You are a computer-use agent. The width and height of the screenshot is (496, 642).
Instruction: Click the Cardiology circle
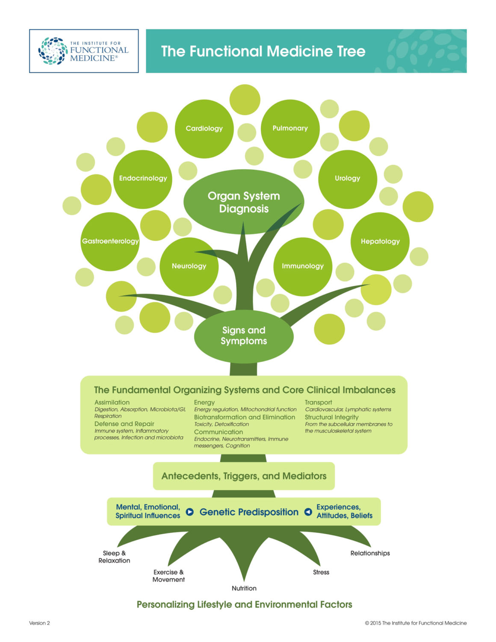pyautogui.click(x=204, y=129)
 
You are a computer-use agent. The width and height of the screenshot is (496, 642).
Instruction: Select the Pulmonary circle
pyautogui.click(x=290, y=129)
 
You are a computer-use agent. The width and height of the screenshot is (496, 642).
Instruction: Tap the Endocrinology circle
pyautogui.click(x=143, y=179)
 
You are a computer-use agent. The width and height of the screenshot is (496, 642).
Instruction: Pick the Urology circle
pyautogui.click(x=347, y=179)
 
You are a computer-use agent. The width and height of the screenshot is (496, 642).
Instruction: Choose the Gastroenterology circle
pyautogui.click(x=110, y=241)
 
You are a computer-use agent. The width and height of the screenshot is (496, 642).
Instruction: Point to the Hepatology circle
pyautogui.click(x=380, y=241)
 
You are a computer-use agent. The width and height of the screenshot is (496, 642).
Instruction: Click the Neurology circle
pyautogui.click(x=189, y=266)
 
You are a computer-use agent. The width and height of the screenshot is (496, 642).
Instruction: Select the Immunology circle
pyautogui.click(x=302, y=266)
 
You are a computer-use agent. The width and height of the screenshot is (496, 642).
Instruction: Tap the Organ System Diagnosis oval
pyautogui.click(x=244, y=202)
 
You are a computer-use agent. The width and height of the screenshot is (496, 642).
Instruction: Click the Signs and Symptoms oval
pyautogui.click(x=244, y=336)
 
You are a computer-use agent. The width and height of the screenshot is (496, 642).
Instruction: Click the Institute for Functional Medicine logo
pyautogui.click(x=84, y=51)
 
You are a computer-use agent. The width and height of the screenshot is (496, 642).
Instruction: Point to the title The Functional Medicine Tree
pyautogui.click(x=263, y=51)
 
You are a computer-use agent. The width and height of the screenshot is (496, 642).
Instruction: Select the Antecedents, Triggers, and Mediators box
pyautogui.click(x=244, y=476)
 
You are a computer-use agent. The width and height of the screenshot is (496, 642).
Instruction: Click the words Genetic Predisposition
pyautogui.click(x=249, y=512)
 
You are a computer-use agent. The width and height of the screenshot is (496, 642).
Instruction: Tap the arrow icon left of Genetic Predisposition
pyautogui.click(x=190, y=512)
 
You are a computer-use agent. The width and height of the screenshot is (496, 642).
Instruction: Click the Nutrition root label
pyautogui.click(x=244, y=589)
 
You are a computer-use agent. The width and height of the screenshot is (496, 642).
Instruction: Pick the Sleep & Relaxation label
pyautogui.click(x=114, y=557)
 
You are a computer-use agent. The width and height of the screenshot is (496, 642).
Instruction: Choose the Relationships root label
pyautogui.click(x=370, y=554)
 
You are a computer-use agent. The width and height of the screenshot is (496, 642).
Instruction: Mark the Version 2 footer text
pyautogui.click(x=39, y=623)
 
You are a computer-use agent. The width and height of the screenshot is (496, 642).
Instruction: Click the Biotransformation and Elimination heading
pyautogui.click(x=244, y=417)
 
